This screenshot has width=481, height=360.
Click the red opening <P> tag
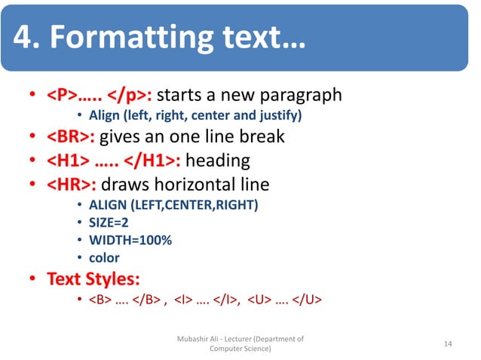tap(61, 96)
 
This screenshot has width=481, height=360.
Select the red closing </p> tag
tap(129, 96)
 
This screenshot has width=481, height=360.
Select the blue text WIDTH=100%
tap(130, 240)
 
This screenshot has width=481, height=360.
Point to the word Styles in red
tap(112, 279)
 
